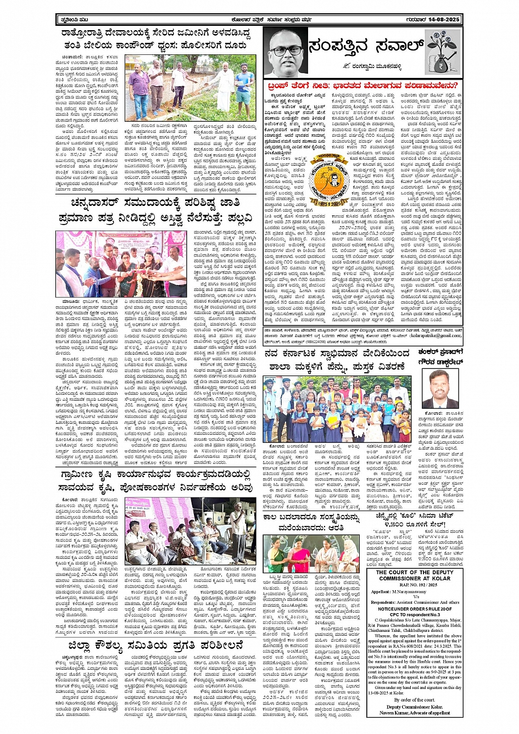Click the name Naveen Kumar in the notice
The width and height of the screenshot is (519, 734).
tap(395, 712)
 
